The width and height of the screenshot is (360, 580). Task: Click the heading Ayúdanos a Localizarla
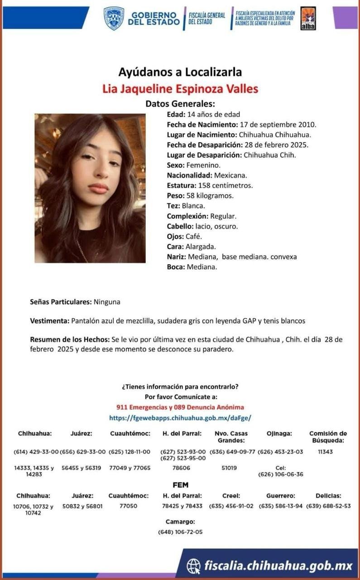pos(180,72)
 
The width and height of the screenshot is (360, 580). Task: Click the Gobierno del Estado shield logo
pos(114,18)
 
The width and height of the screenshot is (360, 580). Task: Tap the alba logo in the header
pos(308,19)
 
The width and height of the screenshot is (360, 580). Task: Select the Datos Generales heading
pos(180,103)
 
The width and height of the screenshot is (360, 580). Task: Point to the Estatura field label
pos(181,185)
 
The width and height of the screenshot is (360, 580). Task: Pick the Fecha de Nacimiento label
pos(202,124)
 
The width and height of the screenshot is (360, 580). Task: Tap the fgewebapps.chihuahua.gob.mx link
pos(180,417)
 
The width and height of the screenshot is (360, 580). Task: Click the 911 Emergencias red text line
pos(180,407)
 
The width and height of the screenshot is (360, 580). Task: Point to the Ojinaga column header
pos(279,434)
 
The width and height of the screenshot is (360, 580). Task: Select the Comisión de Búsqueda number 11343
pos(325,452)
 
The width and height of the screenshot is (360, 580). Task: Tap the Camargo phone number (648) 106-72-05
pos(180,532)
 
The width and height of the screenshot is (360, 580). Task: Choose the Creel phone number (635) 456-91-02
pos(231,506)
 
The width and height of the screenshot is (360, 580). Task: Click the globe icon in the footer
pos(193,565)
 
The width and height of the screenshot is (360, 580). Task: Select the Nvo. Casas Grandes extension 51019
pos(229,468)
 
